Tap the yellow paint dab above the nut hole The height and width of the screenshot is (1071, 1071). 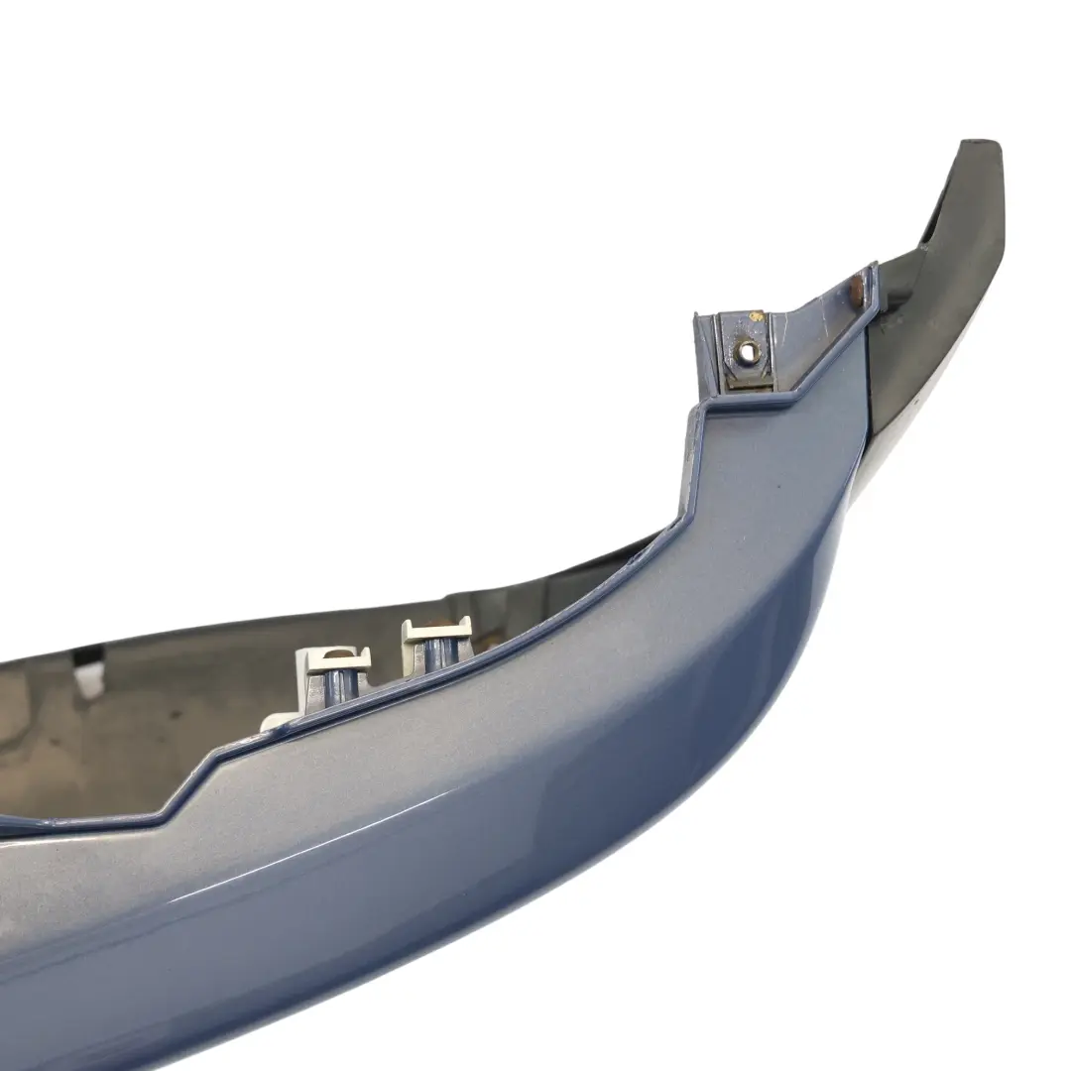(x=756, y=316)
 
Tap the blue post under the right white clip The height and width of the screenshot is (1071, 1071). (x=436, y=654)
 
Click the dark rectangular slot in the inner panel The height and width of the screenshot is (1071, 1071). (x=89, y=657)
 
